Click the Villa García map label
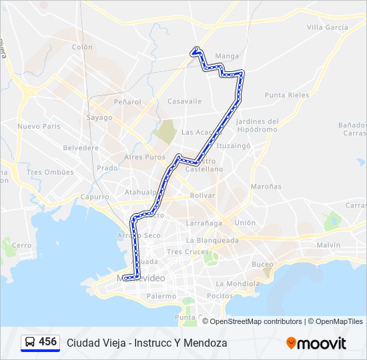click(x=327, y=27)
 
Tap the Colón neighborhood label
click(x=82, y=47)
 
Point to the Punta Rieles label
click(x=287, y=95)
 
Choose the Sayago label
click(x=99, y=117)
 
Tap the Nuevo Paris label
click(x=39, y=126)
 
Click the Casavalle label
click(x=184, y=101)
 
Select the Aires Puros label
click(x=144, y=157)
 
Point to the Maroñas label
click(x=266, y=187)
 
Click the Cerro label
click(x=21, y=245)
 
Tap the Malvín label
click(x=328, y=245)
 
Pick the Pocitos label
click(x=220, y=295)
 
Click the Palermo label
click(x=161, y=296)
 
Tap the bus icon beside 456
click(x=30, y=343)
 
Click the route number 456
click(x=48, y=342)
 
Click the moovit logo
click(x=316, y=343)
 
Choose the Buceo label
click(x=262, y=265)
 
